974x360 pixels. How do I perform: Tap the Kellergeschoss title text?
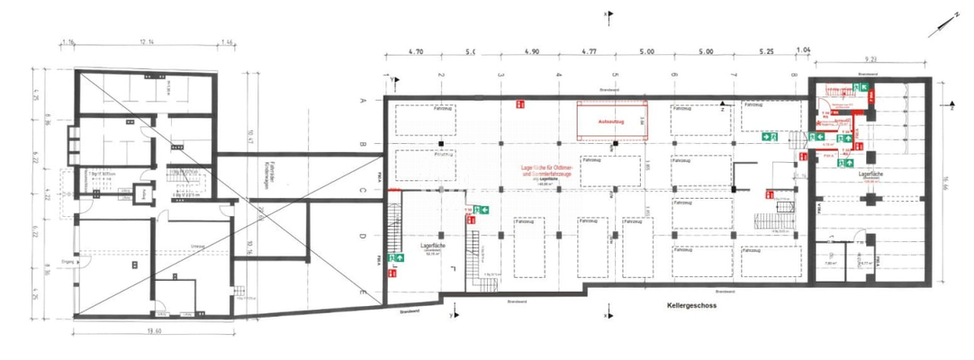point(692,306)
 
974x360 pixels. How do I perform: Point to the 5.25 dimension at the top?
point(767,53)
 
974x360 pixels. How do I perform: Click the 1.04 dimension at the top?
point(803,53)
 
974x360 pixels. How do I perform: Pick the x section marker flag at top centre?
point(609,14)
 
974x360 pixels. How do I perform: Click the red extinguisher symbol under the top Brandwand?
point(519,105)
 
